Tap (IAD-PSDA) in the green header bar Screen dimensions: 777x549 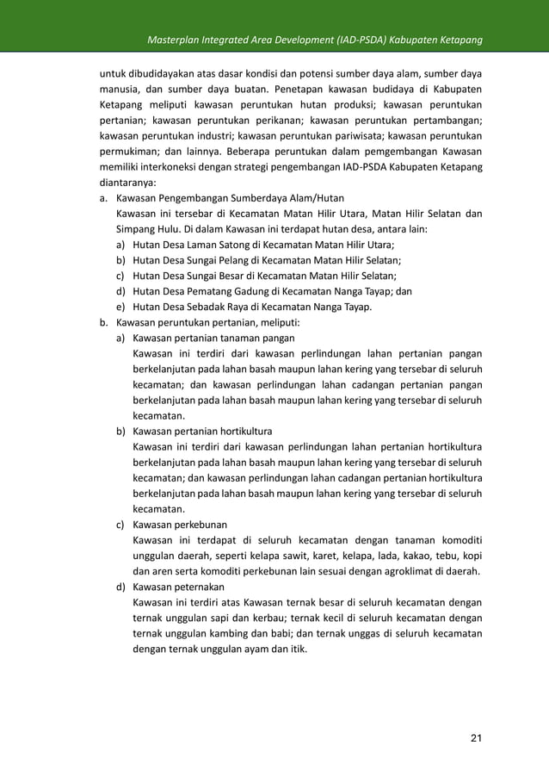(x=364, y=41)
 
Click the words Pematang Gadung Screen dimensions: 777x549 (x=232, y=291)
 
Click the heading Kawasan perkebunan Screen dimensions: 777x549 (x=180, y=525)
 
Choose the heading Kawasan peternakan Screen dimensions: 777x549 (x=178, y=587)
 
